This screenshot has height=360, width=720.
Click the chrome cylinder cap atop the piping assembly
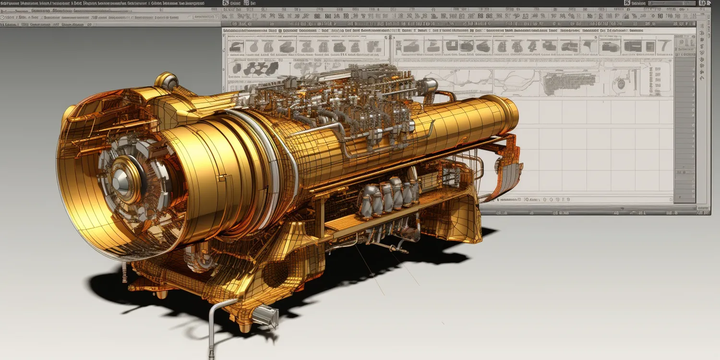[x=431, y=85]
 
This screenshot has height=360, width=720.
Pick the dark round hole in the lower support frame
[x=278, y=274]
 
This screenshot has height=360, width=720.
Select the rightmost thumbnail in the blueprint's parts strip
[x=664, y=46]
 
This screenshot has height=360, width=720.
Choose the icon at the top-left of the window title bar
[x=226, y=3]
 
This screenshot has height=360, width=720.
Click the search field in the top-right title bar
[x=672, y=3]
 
